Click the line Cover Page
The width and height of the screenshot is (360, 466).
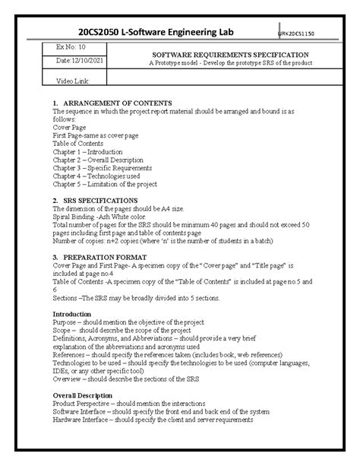point(70,127)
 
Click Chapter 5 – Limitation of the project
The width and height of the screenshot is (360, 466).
point(105,184)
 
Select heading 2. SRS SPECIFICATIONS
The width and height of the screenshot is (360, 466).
point(95,200)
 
